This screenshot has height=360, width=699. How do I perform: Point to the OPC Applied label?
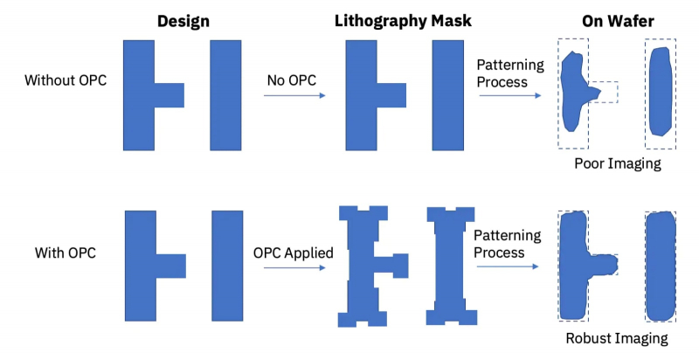click(294, 253)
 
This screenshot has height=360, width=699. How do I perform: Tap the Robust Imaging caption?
click(616, 337)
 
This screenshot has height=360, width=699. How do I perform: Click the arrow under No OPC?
click(294, 95)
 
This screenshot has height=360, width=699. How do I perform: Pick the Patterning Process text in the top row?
click(510, 73)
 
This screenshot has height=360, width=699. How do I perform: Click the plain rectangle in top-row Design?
click(225, 94)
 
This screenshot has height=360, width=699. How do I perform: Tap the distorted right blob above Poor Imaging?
click(661, 93)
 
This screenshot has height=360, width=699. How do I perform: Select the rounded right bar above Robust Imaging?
click(661, 266)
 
